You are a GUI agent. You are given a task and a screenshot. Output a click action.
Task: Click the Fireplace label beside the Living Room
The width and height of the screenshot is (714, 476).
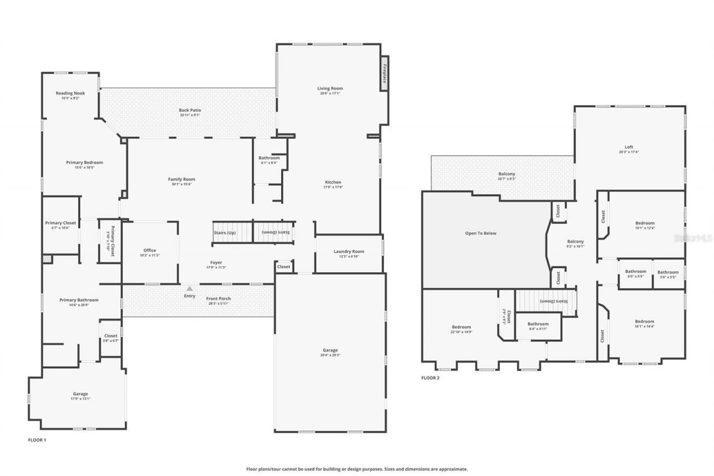point(384,73)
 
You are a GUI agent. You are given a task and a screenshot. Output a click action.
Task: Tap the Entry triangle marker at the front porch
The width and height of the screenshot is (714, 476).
point(190,289)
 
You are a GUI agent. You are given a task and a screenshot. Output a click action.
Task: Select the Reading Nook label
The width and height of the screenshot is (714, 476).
point(70,93)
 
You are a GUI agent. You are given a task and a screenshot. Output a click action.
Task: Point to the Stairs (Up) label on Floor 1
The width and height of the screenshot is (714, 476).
point(224,232)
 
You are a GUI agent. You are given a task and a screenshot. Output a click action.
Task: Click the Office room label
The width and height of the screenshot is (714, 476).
point(149,251)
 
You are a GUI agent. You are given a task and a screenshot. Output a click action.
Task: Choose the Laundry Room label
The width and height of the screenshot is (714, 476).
point(349,252)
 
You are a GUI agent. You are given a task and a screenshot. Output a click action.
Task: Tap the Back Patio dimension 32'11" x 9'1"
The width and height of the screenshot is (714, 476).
point(190,116)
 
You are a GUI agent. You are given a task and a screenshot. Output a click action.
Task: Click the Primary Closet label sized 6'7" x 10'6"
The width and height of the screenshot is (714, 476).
point(60,223)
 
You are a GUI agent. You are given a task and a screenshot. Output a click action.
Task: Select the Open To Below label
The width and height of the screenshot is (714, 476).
point(481,233)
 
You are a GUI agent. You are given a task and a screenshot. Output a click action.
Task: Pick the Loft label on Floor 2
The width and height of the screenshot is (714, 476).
point(629,147)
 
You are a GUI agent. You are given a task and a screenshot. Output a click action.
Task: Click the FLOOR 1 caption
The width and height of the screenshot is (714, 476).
point(37,440)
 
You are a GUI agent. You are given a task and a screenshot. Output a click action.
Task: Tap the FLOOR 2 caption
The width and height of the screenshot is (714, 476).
point(430,378)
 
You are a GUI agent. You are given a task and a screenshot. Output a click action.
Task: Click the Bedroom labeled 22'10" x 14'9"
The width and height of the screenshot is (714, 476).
point(461,327)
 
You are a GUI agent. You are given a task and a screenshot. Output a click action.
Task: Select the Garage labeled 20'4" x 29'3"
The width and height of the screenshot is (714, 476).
point(330,350)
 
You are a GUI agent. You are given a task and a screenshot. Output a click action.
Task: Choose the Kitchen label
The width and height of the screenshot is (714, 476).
point(333,182)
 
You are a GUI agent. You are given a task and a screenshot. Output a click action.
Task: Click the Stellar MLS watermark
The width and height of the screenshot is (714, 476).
point(693,237)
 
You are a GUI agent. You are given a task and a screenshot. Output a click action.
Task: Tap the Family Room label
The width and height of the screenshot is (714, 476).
point(182,179)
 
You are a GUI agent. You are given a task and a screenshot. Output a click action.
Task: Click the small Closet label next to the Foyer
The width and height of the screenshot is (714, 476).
point(283,267)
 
